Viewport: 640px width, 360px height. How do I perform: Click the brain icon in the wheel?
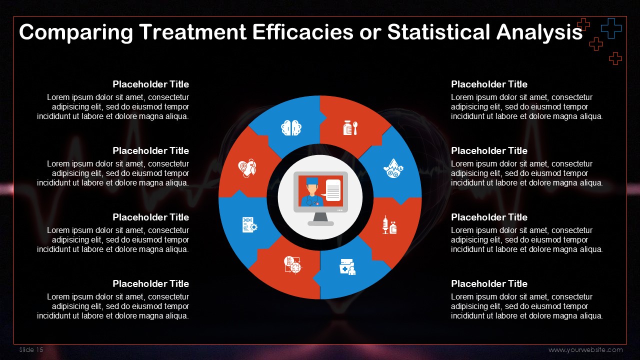(x=291, y=127)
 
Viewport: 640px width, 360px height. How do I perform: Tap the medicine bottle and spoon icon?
(x=350, y=127)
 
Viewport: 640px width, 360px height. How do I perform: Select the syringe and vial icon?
(x=389, y=225)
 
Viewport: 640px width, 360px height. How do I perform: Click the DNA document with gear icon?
(x=249, y=225)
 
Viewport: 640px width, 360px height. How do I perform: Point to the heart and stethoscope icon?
(x=247, y=168)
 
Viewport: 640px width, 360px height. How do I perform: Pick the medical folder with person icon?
(x=347, y=267)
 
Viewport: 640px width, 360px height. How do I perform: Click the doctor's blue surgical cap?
(x=312, y=181)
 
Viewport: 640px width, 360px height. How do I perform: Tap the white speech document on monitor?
(x=332, y=190)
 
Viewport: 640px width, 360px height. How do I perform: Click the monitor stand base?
(x=320, y=223)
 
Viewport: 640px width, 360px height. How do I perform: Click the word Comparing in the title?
(x=76, y=32)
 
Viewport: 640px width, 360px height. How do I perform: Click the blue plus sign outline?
(x=611, y=28)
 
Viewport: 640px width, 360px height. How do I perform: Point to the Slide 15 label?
(x=31, y=349)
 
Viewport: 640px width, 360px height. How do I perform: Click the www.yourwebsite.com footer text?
(x=585, y=349)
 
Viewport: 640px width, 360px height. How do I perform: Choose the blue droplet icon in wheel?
(x=393, y=168)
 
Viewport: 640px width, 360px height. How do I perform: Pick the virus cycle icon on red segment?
(x=292, y=265)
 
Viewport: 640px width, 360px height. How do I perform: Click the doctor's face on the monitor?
(x=312, y=189)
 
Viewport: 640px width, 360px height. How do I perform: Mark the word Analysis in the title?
(x=539, y=32)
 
